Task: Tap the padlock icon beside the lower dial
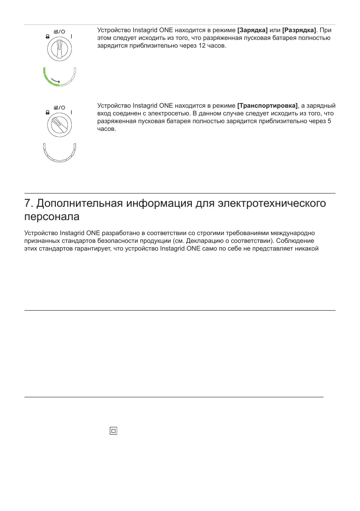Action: [x=47, y=113]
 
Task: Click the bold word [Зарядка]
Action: [x=252, y=30]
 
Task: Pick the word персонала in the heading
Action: [x=51, y=217]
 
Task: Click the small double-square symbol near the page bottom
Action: [x=113, y=431]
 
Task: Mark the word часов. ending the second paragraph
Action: [x=107, y=128]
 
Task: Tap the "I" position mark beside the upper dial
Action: [x=72, y=37]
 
